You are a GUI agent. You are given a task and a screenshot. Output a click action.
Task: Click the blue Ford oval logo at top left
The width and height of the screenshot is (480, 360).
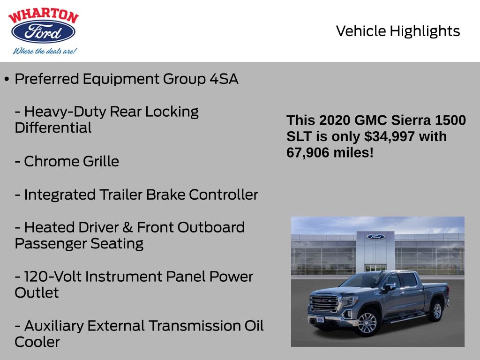43,32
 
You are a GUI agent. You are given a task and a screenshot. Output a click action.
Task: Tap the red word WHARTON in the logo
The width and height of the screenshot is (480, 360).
43,16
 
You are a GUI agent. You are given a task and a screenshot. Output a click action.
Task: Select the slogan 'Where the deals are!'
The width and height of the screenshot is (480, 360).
44,51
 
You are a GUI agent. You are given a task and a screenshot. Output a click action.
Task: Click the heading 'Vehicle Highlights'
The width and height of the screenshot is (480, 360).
398,31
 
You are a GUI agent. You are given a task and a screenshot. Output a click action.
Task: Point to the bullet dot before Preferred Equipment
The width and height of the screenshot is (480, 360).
7,79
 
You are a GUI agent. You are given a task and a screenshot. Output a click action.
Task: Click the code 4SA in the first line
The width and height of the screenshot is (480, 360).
224,79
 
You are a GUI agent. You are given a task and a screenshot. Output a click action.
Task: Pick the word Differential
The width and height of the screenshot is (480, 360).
53,128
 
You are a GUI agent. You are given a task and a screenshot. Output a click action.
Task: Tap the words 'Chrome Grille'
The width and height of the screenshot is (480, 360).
71,161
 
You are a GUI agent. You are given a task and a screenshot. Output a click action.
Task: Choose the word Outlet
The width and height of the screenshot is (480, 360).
37,293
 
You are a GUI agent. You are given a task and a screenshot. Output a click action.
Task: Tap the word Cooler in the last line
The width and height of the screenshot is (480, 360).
37,342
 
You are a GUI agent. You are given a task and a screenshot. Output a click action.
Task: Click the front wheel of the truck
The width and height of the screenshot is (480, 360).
367,323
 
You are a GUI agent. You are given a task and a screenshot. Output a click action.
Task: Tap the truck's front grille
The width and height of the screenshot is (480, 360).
324,304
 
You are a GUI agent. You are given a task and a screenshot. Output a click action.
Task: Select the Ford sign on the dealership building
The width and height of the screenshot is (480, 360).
375,237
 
